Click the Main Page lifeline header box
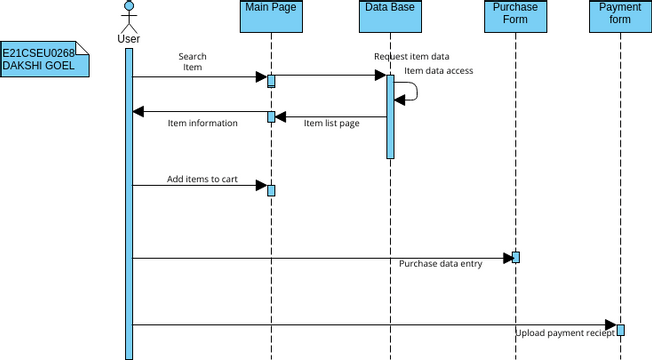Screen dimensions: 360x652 (270, 17)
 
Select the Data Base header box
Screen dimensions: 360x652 (390, 17)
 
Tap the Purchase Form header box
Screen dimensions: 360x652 (515, 17)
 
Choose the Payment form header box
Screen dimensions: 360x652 (620, 17)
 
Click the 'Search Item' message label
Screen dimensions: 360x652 (192, 62)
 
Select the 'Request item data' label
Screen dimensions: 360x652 (411, 57)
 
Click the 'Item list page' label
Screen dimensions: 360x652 (331, 123)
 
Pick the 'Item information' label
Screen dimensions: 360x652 (203, 123)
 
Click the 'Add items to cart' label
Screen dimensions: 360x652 (202, 179)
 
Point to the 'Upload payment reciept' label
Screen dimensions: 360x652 (565, 332)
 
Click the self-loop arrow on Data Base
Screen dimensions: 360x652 (410, 92)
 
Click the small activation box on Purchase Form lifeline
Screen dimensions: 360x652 (516, 257)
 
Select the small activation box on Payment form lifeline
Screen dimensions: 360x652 (621, 330)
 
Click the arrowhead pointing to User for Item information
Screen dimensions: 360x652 (139, 111)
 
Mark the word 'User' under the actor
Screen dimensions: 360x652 (128, 39)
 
